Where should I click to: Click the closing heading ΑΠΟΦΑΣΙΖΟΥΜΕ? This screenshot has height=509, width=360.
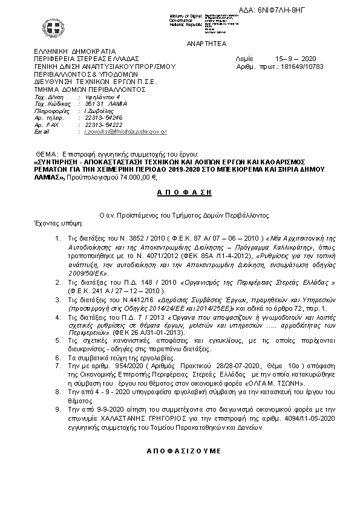coord(181,452)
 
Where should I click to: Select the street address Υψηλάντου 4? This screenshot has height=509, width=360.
coord(102,97)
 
